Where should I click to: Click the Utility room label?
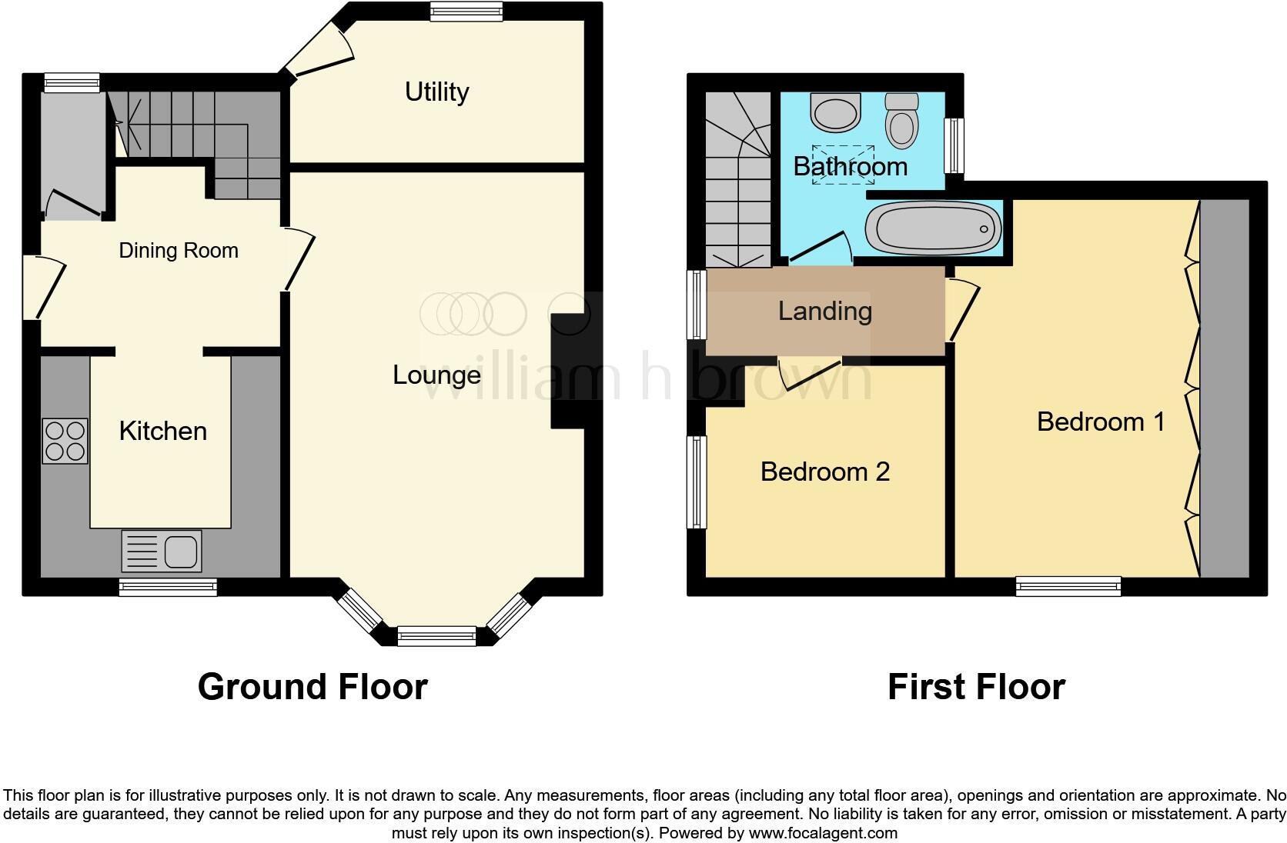[x=436, y=92]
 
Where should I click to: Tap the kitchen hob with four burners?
[x=65, y=441]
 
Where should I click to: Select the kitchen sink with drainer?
[x=162, y=551]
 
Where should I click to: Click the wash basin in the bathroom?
[x=834, y=114]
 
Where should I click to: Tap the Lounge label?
[x=436, y=375]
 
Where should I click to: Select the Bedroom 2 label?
[x=824, y=471]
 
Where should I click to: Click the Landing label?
[x=824, y=311]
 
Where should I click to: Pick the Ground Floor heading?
[x=313, y=686]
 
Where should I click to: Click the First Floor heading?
[x=976, y=686]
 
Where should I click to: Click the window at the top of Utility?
[x=466, y=10]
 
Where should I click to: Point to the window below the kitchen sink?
[x=168, y=588]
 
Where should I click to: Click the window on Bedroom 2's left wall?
[x=697, y=482]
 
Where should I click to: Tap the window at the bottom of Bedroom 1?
[x=1068, y=587]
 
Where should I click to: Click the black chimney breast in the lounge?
[x=568, y=369]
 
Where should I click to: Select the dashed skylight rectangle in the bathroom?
[x=844, y=163]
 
